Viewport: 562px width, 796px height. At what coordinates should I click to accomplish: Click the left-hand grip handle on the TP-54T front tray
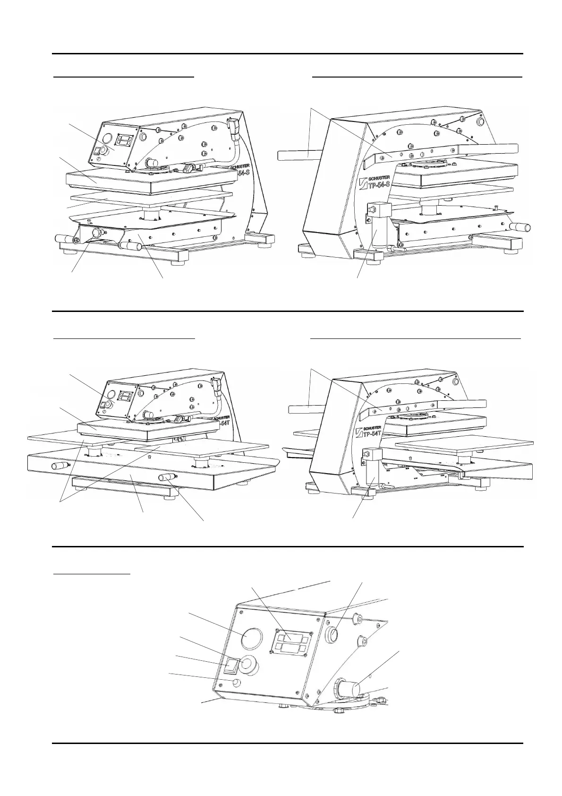coord(60,466)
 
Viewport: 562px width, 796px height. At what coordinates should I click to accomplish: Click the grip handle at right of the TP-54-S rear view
coord(522,227)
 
